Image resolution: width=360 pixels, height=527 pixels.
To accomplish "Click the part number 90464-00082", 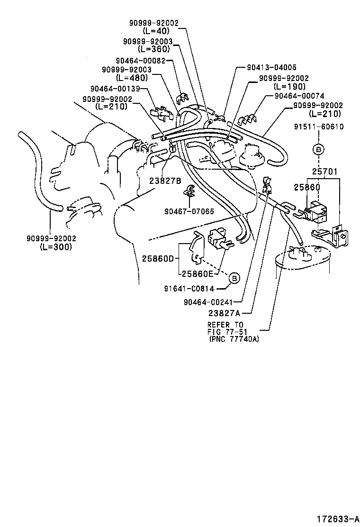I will click(141, 61).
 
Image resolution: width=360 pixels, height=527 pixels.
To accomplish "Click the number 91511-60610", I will click(318, 127).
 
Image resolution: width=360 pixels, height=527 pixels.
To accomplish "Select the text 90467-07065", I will click(189, 211).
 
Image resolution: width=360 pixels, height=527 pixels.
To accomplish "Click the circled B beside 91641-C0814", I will click(235, 279).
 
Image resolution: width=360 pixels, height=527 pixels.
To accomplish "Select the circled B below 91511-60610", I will click(318, 149).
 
